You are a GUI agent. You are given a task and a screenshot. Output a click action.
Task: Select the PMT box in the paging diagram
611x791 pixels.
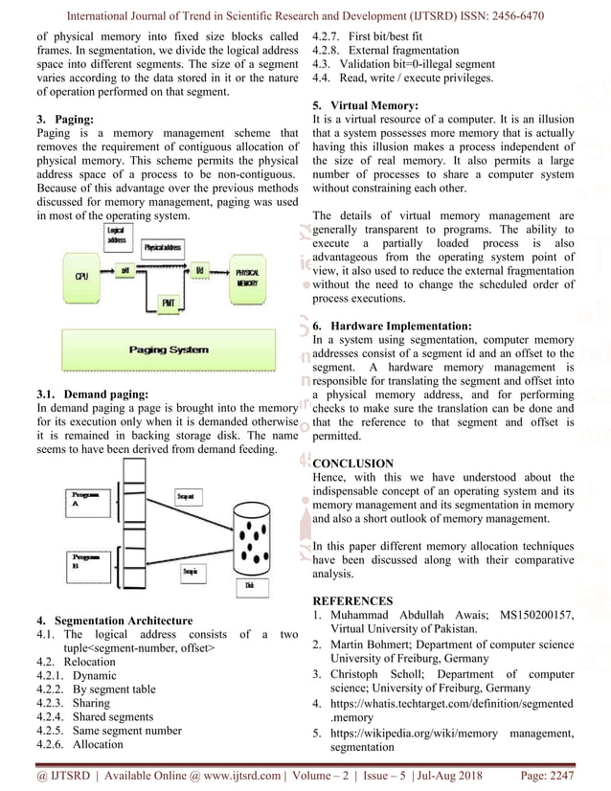point(169,304)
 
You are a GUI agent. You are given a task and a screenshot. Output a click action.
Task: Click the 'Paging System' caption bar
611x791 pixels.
point(169,350)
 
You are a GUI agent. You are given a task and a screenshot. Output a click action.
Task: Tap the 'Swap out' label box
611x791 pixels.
point(187,495)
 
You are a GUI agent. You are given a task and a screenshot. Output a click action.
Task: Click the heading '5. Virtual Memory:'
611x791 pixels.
point(365,103)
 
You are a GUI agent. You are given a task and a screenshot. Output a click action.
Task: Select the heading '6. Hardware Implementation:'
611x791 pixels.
point(392,327)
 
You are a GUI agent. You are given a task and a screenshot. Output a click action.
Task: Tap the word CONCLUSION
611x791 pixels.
point(353,462)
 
